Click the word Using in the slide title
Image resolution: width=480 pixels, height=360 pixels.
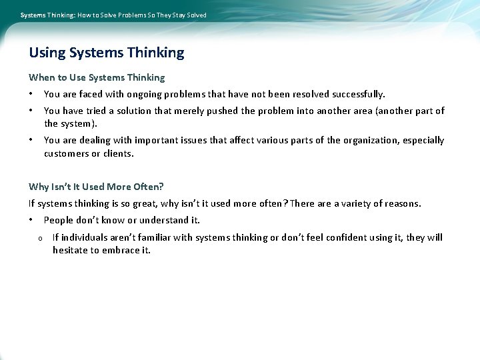point(47,53)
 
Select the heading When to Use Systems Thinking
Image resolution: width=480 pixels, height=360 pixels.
point(97,77)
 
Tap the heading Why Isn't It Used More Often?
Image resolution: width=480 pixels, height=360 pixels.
point(96,187)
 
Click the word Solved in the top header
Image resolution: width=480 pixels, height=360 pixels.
point(194,15)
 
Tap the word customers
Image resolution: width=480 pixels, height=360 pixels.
point(66,153)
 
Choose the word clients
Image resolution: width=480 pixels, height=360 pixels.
point(118,153)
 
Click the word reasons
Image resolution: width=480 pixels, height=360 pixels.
point(401,204)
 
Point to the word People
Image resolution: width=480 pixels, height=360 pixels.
point(58,221)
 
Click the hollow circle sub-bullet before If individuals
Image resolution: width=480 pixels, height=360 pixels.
point(40,239)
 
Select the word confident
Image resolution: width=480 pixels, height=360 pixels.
point(346,238)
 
